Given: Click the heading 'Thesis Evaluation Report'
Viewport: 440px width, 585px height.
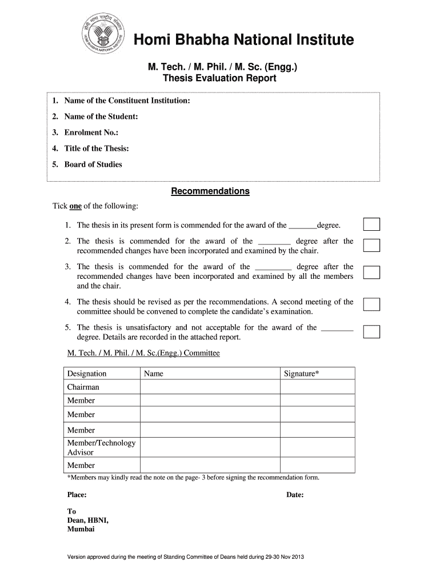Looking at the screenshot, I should [x=219, y=78].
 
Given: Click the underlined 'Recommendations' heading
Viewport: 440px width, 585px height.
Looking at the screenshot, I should [x=210, y=191].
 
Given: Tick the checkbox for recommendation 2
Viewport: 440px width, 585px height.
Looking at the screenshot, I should [x=372, y=246].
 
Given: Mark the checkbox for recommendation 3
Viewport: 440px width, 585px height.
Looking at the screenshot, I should [x=372, y=271].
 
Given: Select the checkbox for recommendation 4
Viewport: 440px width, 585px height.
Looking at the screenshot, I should [x=372, y=304].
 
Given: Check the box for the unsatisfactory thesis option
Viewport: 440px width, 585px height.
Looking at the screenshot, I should [x=372, y=331].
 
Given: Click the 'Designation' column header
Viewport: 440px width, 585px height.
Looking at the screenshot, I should [x=87, y=374].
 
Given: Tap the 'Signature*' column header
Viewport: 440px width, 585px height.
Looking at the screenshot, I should [x=302, y=374].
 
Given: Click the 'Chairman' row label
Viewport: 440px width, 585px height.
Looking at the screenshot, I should [x=83, y=387].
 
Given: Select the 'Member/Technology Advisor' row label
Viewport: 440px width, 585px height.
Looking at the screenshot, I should [x=101, y=448].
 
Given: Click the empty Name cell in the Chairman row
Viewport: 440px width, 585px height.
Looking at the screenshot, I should [x=210, y=387].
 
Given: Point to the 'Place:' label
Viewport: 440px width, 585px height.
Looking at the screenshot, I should [x=77, y=495].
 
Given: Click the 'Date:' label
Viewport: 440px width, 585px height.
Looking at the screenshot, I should [x=295, y=495].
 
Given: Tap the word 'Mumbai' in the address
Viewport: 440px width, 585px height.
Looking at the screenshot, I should [x=81, y=529].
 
